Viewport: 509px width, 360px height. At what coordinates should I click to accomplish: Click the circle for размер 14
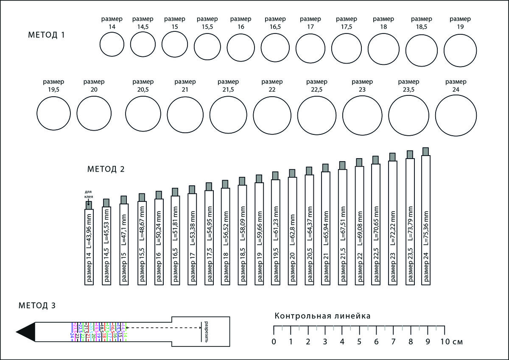pyautogui.click(x=112, y=44)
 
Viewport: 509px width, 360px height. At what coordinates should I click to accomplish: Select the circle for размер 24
pyautogui.click(x=456, y=115)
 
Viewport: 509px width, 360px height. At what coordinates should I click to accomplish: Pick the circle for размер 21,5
pyautogui.click(x=228, y=115)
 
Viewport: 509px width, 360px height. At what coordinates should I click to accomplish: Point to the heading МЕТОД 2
pyautogui.click(x=106, y=169)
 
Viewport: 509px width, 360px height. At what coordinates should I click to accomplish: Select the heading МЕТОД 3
pyautogui.click(x=37, y=305)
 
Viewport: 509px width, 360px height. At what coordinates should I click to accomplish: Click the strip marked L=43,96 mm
pyautogui.click(x=89, y=247)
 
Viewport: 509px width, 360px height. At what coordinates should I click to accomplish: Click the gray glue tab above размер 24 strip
pyautogui.click(x=426, y=151)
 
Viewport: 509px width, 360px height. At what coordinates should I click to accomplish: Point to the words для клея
pyautogui.click(x=89, y=195)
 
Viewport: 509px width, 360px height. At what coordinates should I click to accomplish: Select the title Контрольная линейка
pyautogui.click(x=323, y=316)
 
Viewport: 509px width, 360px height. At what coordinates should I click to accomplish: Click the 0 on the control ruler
pyautogui.click(x=274, y=341)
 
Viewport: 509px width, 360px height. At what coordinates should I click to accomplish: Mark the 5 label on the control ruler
pyautogui.click(x=359, y=341)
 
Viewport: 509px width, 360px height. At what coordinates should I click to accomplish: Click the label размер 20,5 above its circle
pyautogui.click(x=143, y=85)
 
